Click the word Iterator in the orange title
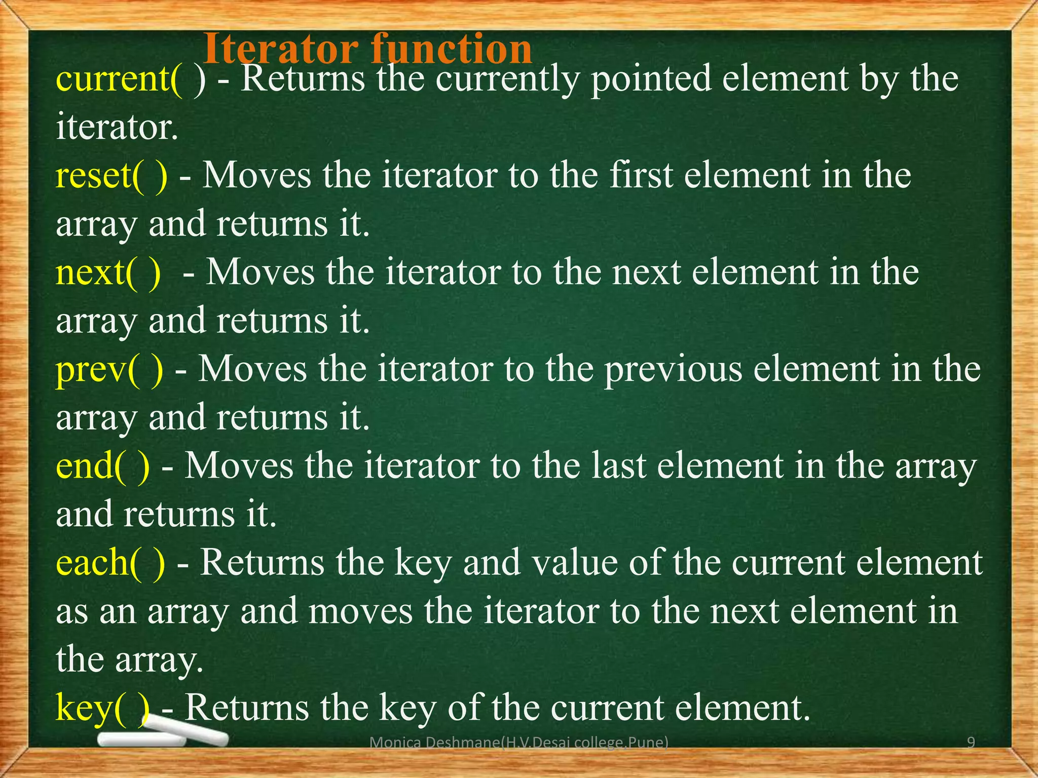(x=282, y=49)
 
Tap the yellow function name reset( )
(x=112, y=176)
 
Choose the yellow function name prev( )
(x=109, y=370)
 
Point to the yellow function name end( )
(x=103, y=466)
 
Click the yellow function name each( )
(x=110, y=563)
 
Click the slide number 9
(x=971, y=743)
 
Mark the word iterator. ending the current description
(x=117, y=128)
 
